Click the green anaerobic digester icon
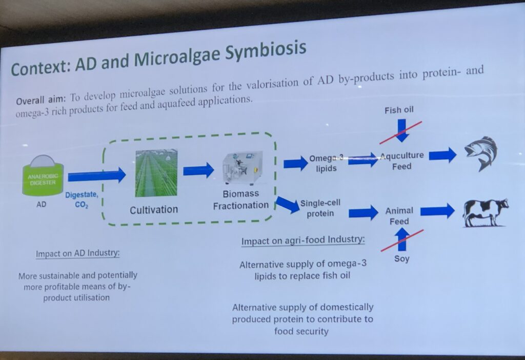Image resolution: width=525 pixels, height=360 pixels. pyautogui.click(x=43, y=175)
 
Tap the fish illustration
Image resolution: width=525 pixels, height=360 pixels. pyautogui.click(x=481, y=153)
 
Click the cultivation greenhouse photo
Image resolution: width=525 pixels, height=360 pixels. pyautogui.click(x=156, y=173)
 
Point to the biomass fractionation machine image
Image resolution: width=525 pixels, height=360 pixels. pyautogui.click(x=243, y=168)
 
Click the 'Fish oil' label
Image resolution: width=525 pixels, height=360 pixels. pyautogui.click(x=399, y=110)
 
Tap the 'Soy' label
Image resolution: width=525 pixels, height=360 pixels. pyautogui.click(x=401, y=259)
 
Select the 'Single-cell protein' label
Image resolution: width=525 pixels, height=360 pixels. pyautogui.click(x=320, y=208)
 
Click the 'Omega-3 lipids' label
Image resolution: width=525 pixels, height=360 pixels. pyautogui.click(x=326, y=163)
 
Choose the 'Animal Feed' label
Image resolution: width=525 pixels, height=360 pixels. pyautogui.click(x=399, y=216)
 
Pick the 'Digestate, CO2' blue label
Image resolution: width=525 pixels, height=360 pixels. pyautogui.click(x=82, y=200)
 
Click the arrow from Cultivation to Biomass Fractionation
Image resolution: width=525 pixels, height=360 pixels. pyautogui.click(x=198, y=170)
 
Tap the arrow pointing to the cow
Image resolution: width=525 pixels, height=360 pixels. pyautogui.click(x=438, y=211)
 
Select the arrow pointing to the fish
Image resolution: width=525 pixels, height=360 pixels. pyautogui.click(x=442, y=155)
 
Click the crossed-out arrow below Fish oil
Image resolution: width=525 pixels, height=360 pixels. pyautogui.click(x=401, y=131)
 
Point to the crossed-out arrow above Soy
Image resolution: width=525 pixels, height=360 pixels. pyautogui.click(x=402, y=239)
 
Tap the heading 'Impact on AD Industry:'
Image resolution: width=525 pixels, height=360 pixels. pyautogui.click(x=78, y=253)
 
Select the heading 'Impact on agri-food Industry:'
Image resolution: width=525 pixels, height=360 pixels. pyautogui.click(x=303, y=241)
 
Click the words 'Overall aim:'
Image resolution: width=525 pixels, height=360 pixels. pyautogui.click(x=42, y=99)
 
